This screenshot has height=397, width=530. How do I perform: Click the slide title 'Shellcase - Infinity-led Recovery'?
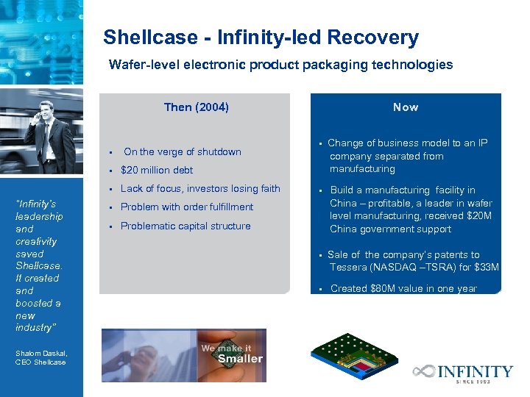click(x=261, y=37)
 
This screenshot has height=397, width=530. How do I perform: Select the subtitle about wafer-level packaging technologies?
click(x=280, y=65)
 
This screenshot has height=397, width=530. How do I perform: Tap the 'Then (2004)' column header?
click(x=196, y=107)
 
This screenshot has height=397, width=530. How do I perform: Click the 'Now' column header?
click(x=405, y=107)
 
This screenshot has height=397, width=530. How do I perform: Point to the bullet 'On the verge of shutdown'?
click(x=182, y=152)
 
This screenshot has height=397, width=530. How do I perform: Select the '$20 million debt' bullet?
click(x=157, y=171)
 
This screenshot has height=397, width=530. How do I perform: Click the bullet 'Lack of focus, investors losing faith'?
click(x=200, y=189)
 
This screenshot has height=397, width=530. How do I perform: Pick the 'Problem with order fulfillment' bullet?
click(x=187, y=207)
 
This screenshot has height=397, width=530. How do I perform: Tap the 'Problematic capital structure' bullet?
click(x=185, y=226)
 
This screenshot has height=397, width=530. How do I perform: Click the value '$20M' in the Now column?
click(x=478, y=216)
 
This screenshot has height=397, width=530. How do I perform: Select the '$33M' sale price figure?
click(x=486, y=267)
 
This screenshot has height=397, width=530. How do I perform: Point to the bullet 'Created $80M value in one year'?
click(x=403, y=289)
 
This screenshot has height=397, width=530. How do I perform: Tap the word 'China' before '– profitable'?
click(x=344, y=204)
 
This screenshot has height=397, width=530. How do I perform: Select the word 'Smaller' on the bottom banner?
click(x=240, y=359)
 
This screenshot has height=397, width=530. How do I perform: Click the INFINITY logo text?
click(x=476, y=371)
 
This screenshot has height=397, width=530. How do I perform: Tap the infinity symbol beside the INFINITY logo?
click(x=424, y=372)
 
